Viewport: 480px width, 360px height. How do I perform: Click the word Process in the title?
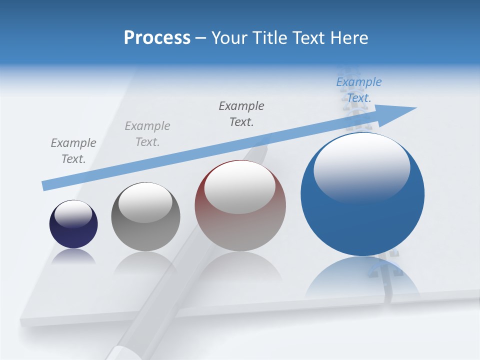point(157,38)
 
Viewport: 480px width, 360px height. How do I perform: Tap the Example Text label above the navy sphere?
point(73,151)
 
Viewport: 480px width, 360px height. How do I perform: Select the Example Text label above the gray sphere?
point(147,134)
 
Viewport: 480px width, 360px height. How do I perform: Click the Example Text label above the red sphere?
point(241,114)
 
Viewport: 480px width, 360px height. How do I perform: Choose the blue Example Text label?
point(359,90)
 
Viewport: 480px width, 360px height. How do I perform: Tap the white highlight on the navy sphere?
point(73,213)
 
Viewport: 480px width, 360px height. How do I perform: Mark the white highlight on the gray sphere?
point(145,202)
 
